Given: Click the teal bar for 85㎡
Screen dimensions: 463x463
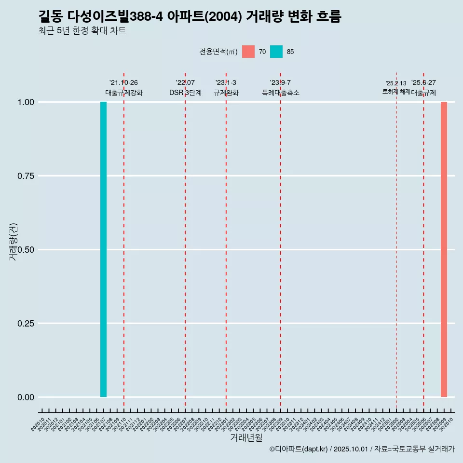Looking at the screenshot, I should coord(103,249).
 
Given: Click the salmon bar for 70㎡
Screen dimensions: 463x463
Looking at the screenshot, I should coord(444,249).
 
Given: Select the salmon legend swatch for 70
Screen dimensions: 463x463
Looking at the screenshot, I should coord(248,52).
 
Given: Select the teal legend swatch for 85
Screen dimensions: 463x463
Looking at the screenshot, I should coord(276,52).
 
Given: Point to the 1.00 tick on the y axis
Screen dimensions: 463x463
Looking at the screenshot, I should coord(26,102).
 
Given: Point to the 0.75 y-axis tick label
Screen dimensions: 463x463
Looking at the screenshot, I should coord(26,176).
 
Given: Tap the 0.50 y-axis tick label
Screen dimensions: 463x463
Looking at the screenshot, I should coord(26,250).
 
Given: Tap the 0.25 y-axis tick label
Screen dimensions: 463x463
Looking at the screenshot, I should coord(26,324).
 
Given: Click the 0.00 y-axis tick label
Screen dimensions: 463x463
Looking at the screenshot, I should coord(26,397).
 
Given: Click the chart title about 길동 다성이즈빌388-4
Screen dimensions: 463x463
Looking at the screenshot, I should coord(190,17).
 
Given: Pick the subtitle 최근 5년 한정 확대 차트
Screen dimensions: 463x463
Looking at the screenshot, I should coord(82,31).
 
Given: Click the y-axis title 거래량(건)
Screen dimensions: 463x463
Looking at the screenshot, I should coord(14,242).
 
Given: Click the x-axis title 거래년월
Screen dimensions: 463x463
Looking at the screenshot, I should coord(246,438).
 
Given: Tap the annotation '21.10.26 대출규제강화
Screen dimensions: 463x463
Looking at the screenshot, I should coord(124,88).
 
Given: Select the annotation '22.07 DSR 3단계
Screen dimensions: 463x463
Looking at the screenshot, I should coord(185,88).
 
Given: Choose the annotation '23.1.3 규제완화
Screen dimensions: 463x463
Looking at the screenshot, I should coord(226,88).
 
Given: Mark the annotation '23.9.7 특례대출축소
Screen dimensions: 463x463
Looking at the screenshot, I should coord(281,88).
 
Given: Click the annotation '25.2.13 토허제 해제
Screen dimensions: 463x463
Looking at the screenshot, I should coord(396,87).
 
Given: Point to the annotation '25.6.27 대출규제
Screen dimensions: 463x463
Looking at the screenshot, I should coord(423,88).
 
